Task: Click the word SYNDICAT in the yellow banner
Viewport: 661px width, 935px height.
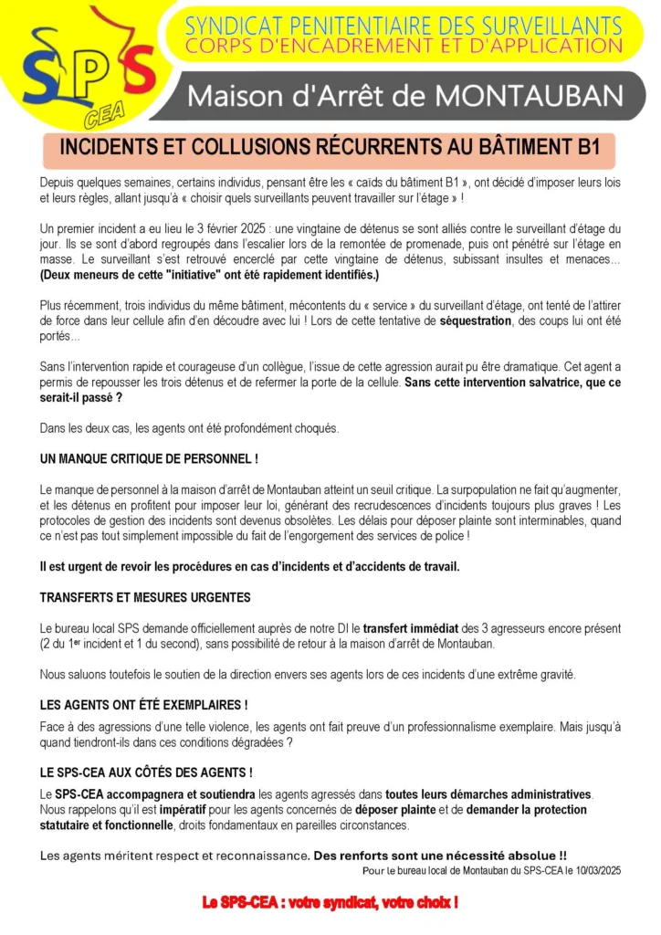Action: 234,25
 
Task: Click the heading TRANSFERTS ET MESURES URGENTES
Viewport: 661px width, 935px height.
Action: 145,597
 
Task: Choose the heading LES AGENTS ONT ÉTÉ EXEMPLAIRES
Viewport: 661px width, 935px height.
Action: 144,705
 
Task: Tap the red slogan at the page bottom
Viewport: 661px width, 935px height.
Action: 330,902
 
